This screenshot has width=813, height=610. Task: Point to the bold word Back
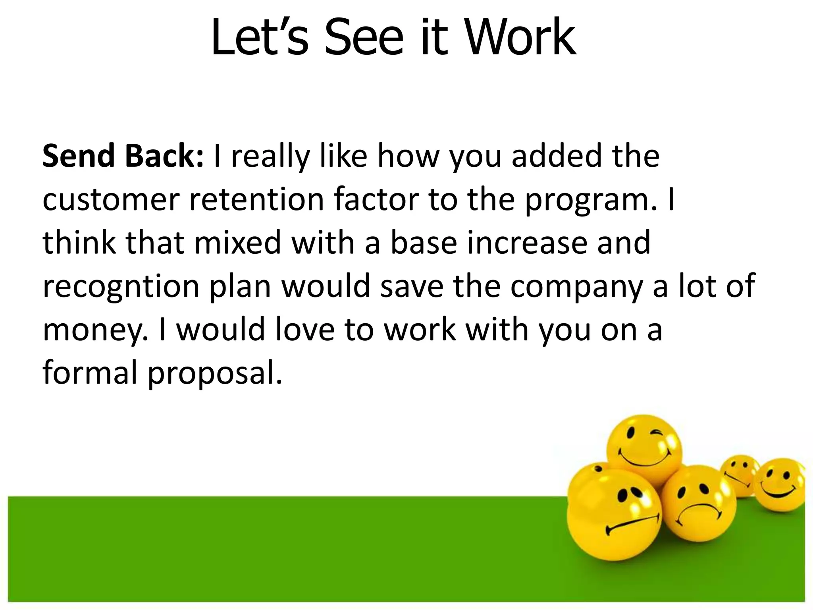coord(164,156)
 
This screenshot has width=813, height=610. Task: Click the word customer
coord(111,200)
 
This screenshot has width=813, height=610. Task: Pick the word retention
coord(256,200)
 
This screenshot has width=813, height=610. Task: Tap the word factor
coord(376,200)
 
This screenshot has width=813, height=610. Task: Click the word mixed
coord(238,243)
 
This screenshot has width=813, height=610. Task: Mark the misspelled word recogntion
coord(121,287)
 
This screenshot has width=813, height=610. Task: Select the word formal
coord(89,373)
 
